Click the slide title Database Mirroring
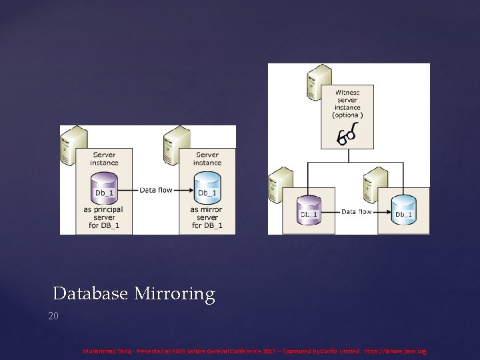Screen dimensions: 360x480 [134, 294]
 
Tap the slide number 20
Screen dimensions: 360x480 [53, 315]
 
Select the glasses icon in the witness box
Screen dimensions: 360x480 [347, 136]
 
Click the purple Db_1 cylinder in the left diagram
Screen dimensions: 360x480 [104, 189]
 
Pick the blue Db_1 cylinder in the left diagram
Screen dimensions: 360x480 [207, 189]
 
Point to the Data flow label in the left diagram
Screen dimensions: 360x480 [156, 190]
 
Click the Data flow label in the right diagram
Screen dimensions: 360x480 [357, 211]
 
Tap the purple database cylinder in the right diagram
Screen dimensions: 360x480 [309, 210]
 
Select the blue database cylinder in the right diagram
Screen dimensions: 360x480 [403, 210]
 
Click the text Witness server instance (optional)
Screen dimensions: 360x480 [347, 104]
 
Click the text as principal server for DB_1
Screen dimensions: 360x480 [104, 218]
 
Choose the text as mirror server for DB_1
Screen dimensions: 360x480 [207, 218]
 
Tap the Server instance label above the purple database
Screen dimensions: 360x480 [104, 159]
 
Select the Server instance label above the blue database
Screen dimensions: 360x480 [207, 159]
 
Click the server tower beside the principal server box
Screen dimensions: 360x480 [73, 144]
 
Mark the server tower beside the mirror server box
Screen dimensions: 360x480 [175, 144]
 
